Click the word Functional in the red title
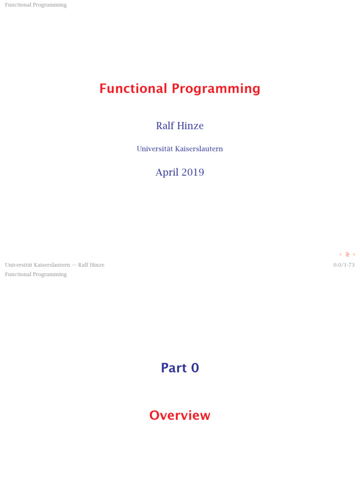(133, 89)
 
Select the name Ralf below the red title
(165, 126)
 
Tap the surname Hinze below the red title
(191, 126)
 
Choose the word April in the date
(167, 172)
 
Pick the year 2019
(193, 172)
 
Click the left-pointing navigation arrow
(340, 255)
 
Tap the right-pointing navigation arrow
(354, 255)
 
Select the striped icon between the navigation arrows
(347, 255)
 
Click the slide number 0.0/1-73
(344, 265)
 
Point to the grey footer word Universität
(18, 265)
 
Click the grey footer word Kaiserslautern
(52, 265)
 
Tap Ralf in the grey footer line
(83, 265)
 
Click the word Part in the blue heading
(174, 368)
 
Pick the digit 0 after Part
(195, 368)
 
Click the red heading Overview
(180, 415)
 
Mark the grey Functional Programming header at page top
(36, 5)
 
